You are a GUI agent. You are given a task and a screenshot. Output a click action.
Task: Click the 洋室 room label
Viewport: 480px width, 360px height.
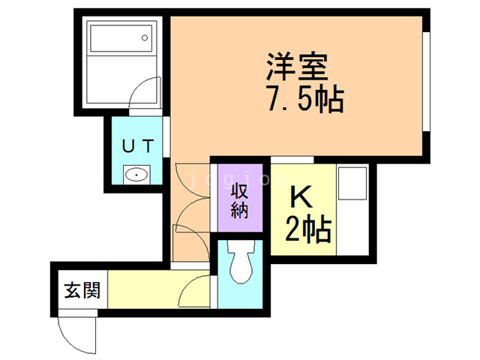coord(297,67)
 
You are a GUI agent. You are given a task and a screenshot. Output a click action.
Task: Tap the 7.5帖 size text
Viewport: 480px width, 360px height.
coord(305,98)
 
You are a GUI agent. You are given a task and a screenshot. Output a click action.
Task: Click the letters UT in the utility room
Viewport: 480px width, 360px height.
coord(137,146)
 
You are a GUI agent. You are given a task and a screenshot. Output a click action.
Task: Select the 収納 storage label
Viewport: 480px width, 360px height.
coord(239,200)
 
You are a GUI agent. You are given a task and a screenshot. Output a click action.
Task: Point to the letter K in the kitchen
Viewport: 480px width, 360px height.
coord(301,196)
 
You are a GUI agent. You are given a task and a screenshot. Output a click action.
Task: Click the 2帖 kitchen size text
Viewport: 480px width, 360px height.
coord(308,229)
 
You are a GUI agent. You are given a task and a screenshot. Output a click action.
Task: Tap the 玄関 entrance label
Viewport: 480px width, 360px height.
coord(82,290)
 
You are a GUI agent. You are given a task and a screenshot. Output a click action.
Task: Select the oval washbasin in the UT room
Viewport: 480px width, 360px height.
coord(136,175)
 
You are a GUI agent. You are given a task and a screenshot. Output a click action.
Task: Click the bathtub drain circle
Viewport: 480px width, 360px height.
coord(145,38)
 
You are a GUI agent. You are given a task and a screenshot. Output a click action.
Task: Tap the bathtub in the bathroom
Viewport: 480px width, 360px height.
coord(121,38)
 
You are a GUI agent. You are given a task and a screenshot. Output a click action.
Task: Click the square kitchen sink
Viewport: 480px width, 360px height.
coord(352,183)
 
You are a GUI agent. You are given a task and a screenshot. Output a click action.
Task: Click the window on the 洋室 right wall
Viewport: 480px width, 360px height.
coord(427,82)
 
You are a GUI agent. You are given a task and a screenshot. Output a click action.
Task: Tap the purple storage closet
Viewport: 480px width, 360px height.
coord(240,198)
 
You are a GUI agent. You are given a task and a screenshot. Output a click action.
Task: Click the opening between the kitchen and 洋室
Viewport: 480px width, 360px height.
coord(292,160)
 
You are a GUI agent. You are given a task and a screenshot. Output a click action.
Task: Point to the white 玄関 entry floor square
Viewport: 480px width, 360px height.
coord(82,289)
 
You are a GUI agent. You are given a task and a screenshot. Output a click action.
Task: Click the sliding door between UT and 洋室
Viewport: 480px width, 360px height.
coord(166,136)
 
